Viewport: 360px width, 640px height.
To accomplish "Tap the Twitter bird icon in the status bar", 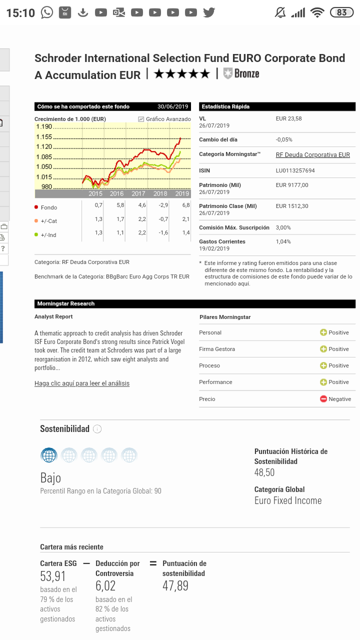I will (x=209, y=12).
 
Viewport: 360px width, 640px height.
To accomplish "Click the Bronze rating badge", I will (x=241, y=74).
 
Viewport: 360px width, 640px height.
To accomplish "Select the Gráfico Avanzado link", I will (x=165, y=119).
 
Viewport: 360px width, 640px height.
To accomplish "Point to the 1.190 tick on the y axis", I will (x=44, y=127).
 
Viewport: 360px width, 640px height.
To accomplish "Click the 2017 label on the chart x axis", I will (x=138, y=194).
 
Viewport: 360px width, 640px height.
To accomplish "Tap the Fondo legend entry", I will (x=49, y=207).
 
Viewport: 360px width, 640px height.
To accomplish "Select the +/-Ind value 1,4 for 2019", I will (x=186, y=233).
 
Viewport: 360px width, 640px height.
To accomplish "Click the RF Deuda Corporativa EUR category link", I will (x=312, y=155).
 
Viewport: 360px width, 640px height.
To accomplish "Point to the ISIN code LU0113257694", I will (x=295, y=171).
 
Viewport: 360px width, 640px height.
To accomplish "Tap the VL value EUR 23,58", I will (x=288, y=119).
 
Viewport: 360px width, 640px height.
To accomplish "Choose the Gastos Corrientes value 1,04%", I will (x=283, y=242).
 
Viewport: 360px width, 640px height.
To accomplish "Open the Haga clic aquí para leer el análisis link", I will (x=82, y=383).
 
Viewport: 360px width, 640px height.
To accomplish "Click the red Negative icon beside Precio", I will (x=323, y=399).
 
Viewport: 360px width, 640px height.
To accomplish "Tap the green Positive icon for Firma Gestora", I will (x=323, y=349).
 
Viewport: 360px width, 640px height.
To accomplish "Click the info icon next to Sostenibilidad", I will (x=97, y=429).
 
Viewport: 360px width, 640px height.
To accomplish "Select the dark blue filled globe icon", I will (x=49, y=455).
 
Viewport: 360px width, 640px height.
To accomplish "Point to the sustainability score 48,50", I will (x=264, y=472).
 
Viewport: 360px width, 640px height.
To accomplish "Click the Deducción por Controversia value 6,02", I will (x=105, y=586).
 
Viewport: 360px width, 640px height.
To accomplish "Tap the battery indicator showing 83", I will (x=342, y=12).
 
